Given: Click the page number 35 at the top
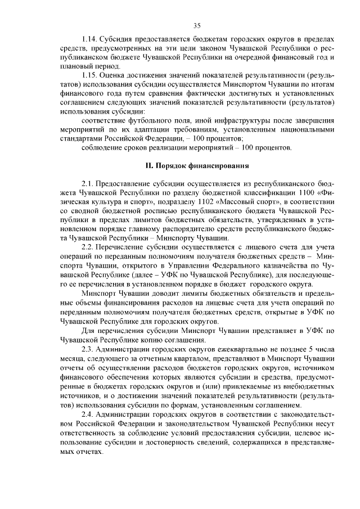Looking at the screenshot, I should point(197,25).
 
